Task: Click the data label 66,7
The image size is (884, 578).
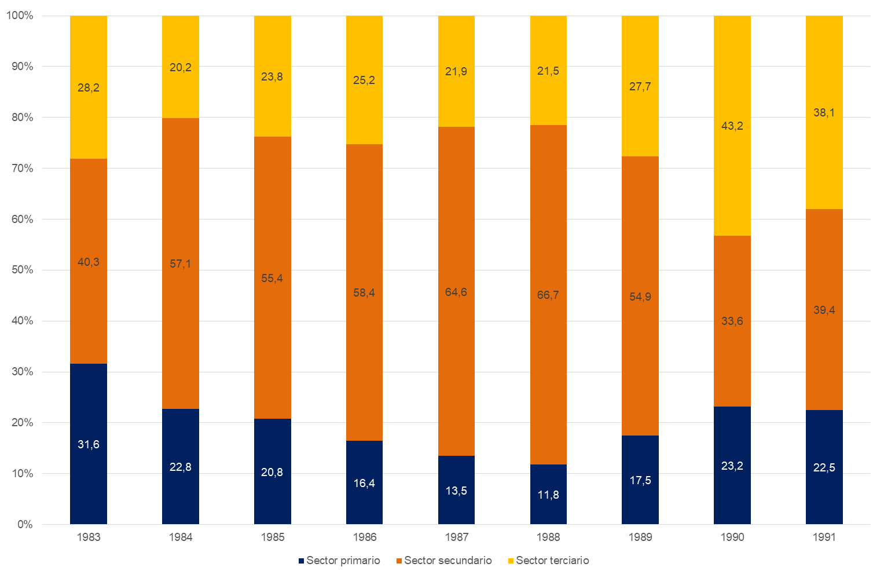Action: pyautogui.click(x=548, y=295)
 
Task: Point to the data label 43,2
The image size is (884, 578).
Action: pyautogui.click(x=732, y=126)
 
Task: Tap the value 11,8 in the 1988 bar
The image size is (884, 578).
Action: pyautogui.click(x=548, y=495)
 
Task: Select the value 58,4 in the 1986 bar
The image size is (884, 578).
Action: pyautogui.click(x=364, y=293)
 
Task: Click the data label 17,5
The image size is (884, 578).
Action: pyautogui.click(x=640, y=480)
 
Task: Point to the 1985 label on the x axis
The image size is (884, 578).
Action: pyautogui.click(x=272, y=537)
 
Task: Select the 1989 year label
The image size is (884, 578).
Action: pyautogui.click(x=640, y=537)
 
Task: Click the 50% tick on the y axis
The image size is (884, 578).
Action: pyautogui.click(x=22, y=270)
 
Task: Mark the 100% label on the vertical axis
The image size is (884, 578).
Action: pyautogui.click(x=20, y=16)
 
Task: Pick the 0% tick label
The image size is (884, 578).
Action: pyautogui.click(x=25, y=525)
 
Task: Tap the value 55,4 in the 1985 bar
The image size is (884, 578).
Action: pyautogui.click(x=272, y=279)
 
